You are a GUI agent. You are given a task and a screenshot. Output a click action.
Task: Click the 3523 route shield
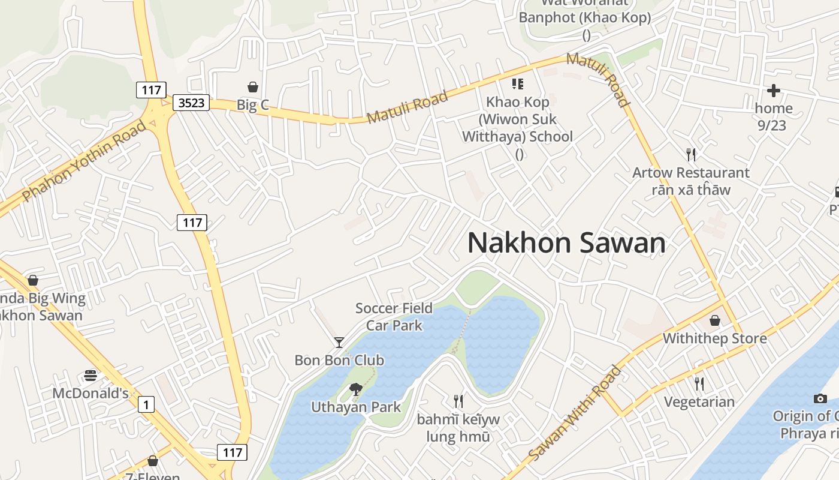pyautogui.click(x=192, y=103)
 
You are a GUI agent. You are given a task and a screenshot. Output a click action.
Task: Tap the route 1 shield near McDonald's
pyautogui.click(x=146, y=404)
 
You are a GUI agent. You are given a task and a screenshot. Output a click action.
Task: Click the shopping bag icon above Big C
pyautogui.click(x=253, y=88)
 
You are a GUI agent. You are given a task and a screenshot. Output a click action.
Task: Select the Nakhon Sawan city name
pyautogui.click(x=566, y=243)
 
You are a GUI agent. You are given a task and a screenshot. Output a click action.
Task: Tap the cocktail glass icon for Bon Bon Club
pyautogui.click(x=339, y=343)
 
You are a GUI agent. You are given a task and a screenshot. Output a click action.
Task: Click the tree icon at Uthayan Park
pyautogui.click(x=356, y=389)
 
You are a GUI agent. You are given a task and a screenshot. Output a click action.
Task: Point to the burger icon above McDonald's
pyautogui.click(x=90, y=376)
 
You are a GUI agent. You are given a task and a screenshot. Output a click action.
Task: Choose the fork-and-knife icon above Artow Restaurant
pyautogui.click(x=691, y=155)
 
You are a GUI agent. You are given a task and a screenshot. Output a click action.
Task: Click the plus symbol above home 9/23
pyautogui.click(x=774, y=91)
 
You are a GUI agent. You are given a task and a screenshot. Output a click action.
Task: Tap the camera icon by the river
pyautogui.click(x=820, y=398)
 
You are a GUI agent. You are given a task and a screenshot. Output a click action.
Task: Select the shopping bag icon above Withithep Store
pyautogui.click(x=714, y=320)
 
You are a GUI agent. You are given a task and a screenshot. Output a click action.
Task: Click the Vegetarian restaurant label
pyautogui.click(x=699, y=401)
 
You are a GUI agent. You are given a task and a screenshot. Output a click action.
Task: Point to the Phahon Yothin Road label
pyautogui.click(x=84, y=161)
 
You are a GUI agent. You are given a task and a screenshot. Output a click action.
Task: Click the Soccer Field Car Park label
pyautogui.click(x=394, y=317)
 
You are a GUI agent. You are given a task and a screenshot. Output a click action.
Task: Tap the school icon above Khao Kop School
pyautogui.click(x=517, y=84)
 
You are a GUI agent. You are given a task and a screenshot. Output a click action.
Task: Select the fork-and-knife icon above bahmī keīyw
pyautogui.click(x=458, y=401)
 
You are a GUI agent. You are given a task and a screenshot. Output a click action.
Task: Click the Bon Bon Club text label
pyautogui.click(x=339, y=360)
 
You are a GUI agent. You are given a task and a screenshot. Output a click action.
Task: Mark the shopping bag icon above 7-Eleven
pyautogui.click(x=153, y=461)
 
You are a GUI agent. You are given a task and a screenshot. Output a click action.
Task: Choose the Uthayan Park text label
pyautogui.click(x=356, y=407)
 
